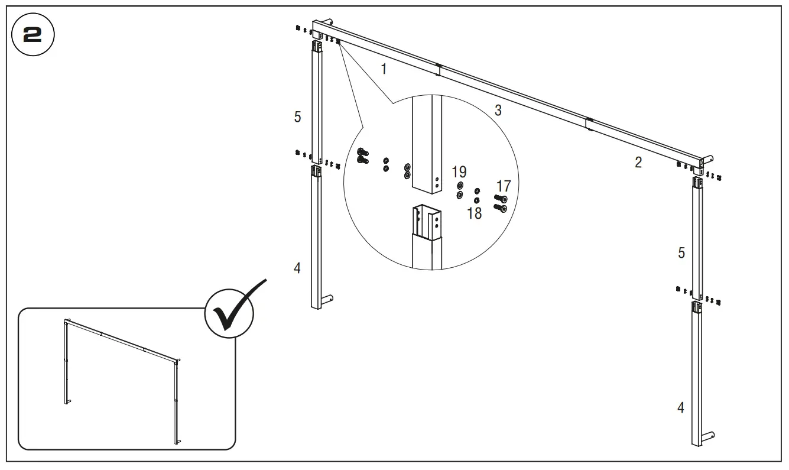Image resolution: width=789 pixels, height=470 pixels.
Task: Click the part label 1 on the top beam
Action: (x=384, y=69)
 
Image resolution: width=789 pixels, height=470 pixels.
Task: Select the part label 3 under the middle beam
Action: (x=498, y=111)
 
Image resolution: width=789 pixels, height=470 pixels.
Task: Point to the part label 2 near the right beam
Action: (x=638, y=163)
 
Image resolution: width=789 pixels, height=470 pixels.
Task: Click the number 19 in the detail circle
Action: (x=459, y=173)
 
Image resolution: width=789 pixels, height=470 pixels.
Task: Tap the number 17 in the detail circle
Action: (x=503, y=187)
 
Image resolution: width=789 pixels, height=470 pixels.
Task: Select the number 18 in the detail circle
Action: (x=475, y=213)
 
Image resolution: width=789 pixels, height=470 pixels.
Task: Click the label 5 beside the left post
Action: (x=298, y=117)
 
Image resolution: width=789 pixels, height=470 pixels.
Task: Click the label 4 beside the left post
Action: (x=297, y=268)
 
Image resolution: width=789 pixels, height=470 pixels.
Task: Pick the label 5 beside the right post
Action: (x=681, y=253)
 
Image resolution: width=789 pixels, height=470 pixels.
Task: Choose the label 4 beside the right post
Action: (x=681, y=407)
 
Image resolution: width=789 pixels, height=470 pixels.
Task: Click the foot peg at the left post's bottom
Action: (x=327, y=299)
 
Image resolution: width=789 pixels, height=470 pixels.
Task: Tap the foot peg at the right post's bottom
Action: (x=708, y=436)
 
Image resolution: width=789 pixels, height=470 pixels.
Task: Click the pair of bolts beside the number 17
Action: (x=500, y=204)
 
